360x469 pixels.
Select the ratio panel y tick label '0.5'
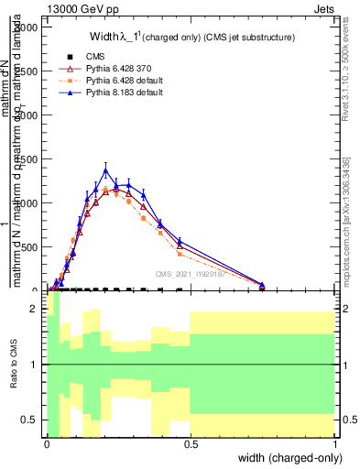tap(27, 420)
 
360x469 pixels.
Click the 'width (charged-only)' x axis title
tap(286, 458)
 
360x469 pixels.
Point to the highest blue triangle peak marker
tap(105, 170)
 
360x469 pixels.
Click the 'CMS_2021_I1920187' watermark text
tap(191, 273)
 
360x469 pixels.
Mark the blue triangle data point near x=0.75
tap(262, 285)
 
